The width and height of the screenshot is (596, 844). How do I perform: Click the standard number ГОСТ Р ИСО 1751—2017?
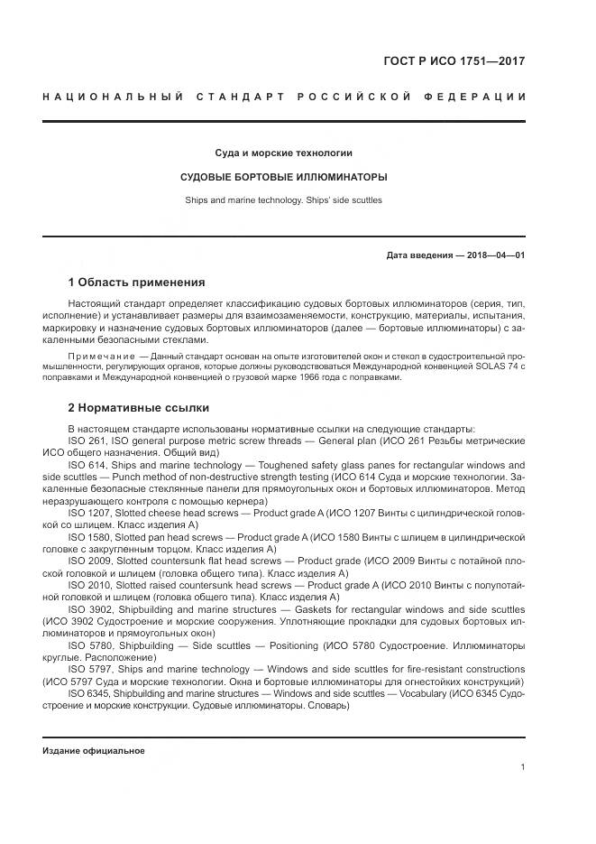(454, 62)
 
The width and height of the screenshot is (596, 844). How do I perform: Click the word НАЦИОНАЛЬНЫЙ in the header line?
(114, 97)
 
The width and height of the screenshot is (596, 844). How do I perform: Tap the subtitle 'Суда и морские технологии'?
(283, 153)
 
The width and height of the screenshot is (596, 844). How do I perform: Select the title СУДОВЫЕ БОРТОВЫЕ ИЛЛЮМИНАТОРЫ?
(283, 176)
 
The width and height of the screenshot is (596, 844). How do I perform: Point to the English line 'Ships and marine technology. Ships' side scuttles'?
(283, 199)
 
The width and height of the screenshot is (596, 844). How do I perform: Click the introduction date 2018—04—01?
(496, 255)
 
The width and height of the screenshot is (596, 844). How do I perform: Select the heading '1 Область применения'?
(136, 283)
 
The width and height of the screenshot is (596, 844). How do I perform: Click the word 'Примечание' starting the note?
(95, 357)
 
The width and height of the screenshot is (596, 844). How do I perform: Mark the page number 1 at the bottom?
(522, 767)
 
